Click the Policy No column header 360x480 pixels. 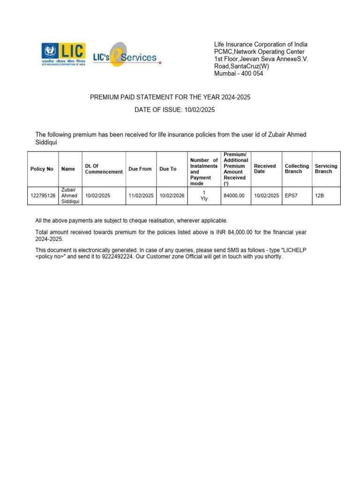(42, 169)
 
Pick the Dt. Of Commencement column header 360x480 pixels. (104, 169)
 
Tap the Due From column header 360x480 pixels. (140, 169)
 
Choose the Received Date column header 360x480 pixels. (265, 169)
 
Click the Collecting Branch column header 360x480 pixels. (297, 169)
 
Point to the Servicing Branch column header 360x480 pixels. (326, 169)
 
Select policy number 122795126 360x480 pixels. (43, 195)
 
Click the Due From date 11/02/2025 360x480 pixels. (141, 195)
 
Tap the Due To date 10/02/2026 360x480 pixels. (172, 195)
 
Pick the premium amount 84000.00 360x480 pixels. (234, 195)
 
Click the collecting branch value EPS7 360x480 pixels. (291, 195)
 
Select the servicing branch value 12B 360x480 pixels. (319, 195)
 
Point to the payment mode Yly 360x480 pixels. (204, 199)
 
